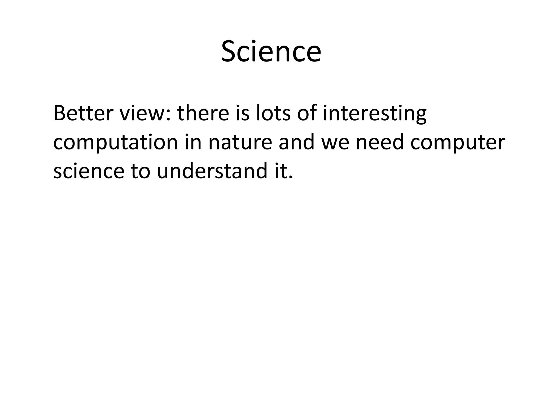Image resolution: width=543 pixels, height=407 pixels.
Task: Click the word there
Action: [x=203, y=113]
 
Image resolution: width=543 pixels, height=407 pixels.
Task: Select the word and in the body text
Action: [x=296, y=142]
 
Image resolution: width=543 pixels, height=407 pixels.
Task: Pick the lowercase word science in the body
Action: [x=89, y=171]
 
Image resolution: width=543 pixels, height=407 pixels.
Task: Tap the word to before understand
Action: [x=141, y=171]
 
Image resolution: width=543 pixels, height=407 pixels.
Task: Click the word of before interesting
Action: [x=307, y=113]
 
